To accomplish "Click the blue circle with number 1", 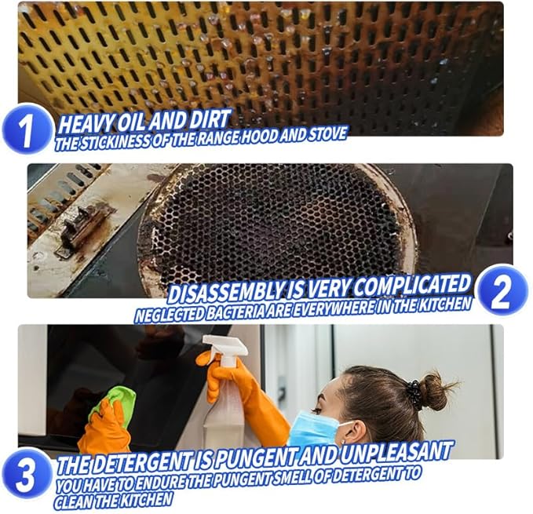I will click(x=27, y=129).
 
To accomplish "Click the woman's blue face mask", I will click(x=322, y=431).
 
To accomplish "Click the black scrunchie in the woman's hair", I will click(x=414, y=392).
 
